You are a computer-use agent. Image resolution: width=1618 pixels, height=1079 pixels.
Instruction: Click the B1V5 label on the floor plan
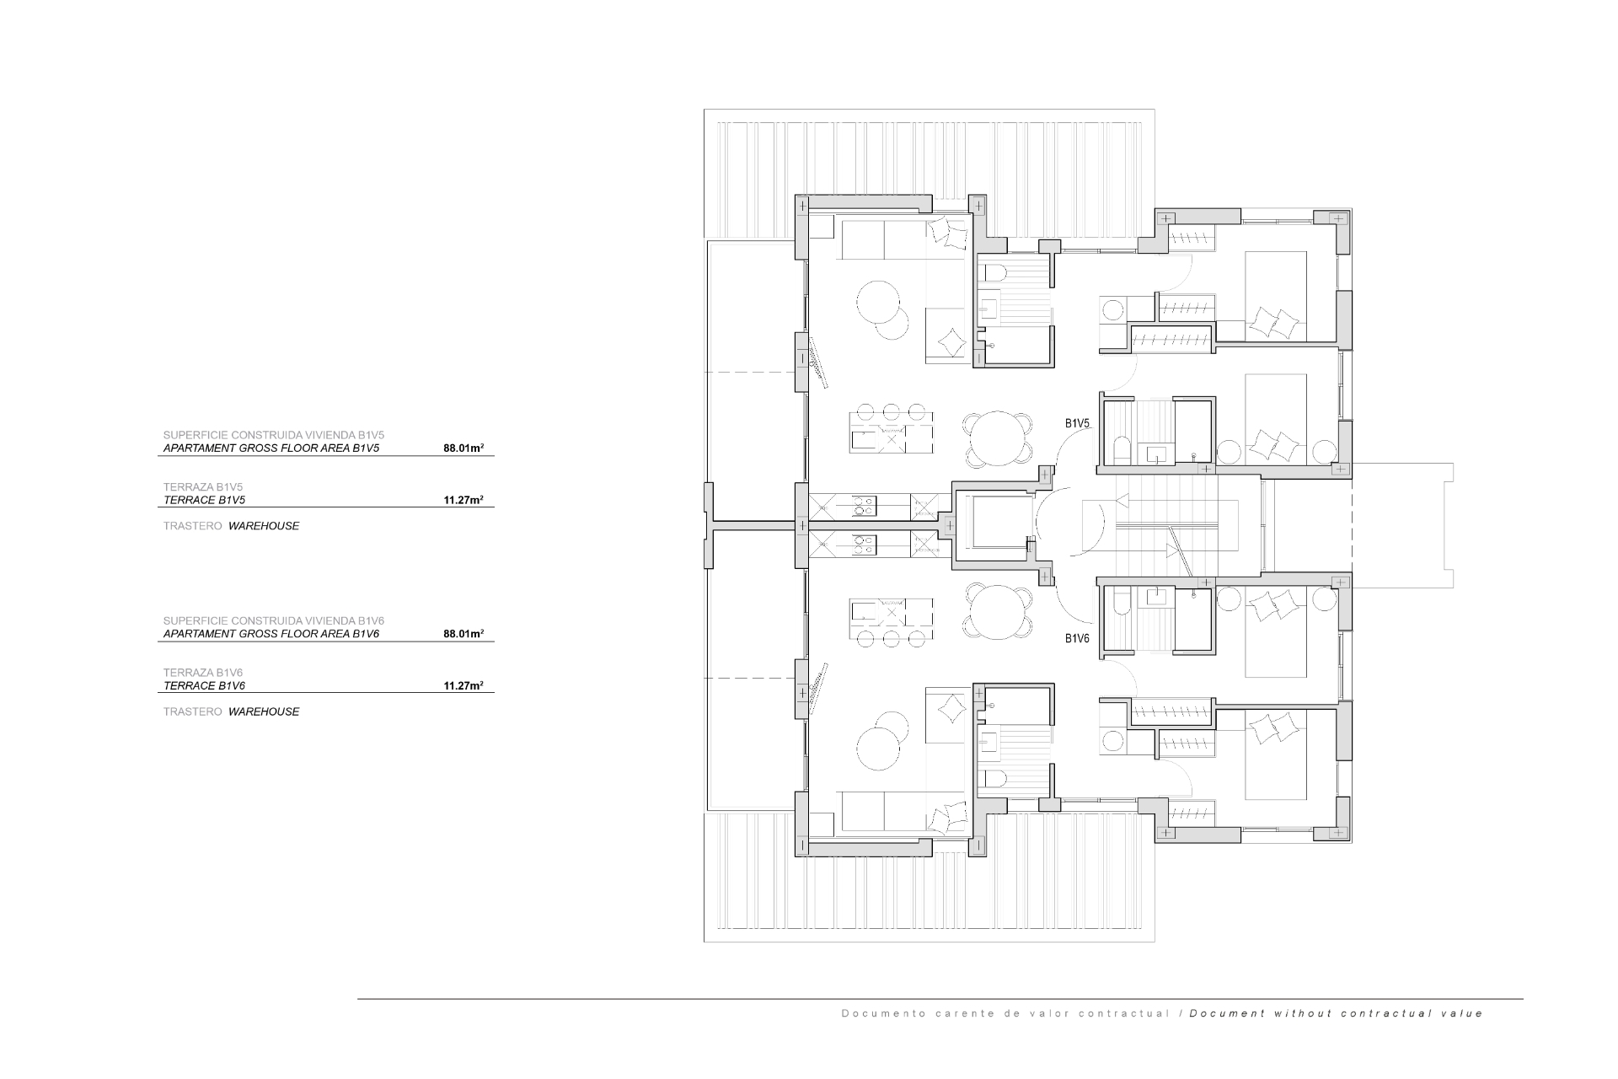pos(1077,423)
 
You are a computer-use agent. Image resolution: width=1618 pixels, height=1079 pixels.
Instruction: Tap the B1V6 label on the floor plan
pos(1077,638)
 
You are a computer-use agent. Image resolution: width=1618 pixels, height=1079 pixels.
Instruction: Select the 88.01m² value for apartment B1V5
pos(463,448)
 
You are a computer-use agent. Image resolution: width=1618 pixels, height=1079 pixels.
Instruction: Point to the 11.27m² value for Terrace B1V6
pos(463,686)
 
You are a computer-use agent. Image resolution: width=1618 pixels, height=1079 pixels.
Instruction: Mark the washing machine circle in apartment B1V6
pos(1113,741)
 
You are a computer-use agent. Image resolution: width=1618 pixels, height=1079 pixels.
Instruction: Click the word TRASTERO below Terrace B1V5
pos(193,526)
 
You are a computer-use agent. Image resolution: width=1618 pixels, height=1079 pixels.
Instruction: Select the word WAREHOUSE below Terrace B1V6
pos(264,711)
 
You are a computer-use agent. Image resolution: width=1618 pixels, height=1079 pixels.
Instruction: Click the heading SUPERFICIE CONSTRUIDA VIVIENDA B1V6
pos(274,620)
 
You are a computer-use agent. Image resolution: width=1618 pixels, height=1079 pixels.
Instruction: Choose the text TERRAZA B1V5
pos(203,487)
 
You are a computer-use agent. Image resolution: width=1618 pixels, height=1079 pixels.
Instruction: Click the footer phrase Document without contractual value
pos(1337,1013)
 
